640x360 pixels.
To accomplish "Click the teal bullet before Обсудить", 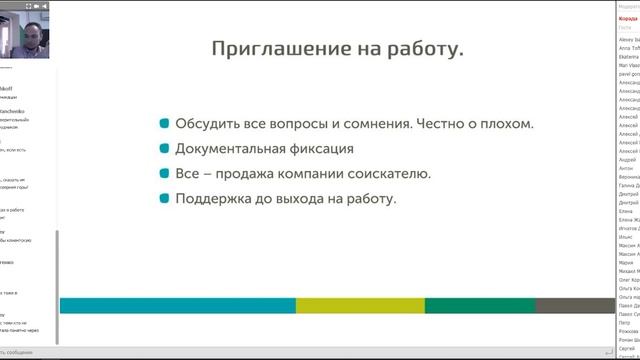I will point(164,124).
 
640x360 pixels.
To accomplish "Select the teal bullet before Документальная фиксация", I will point(164,149).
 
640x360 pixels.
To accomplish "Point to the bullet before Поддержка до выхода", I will point(164,198).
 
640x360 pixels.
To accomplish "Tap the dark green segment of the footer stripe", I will point(480,305).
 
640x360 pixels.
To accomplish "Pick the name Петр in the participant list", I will point(625,323).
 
